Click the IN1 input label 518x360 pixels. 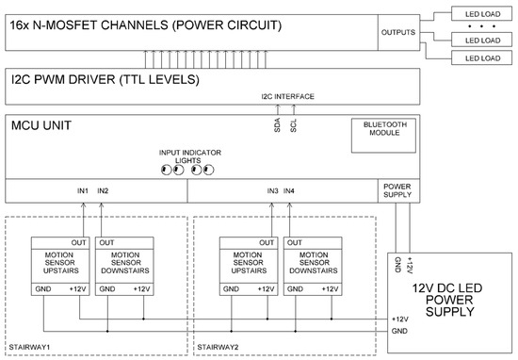pyautogui.click(x=83, y=191)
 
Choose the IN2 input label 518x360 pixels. pyautogui.click(x=103, y=191)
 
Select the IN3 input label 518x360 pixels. pyautogui.click(x=271, y=191)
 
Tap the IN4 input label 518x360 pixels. pyautogui.click(x=290, y=191)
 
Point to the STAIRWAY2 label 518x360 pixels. pyautogui.click(x=219, y=348)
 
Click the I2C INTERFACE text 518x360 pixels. pyautogui.click(x=287, y=97)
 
